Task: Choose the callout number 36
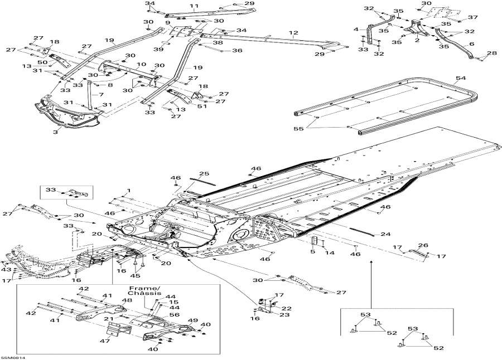[237, 51]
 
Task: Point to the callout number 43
[6, 270]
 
